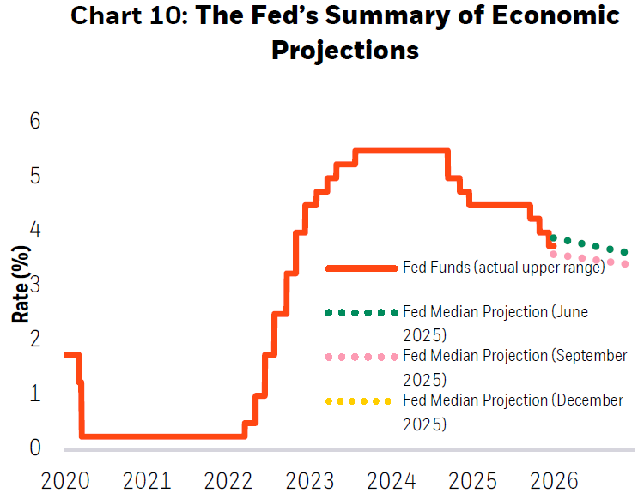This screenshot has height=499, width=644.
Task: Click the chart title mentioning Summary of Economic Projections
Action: [344, 33]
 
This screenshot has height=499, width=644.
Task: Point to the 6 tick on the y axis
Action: [34, 122]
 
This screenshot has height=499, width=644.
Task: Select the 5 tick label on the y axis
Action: [34, 177]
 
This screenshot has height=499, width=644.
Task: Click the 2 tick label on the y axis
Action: [34, 340]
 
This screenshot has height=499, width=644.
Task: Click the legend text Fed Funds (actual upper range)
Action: [504, 268]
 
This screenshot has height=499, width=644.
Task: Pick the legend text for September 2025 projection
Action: [514, 366]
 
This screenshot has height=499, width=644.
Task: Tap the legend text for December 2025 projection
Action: [513, 411]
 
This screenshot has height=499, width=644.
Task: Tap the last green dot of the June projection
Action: [624, 252]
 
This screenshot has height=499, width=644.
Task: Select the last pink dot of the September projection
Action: [624, 264]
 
